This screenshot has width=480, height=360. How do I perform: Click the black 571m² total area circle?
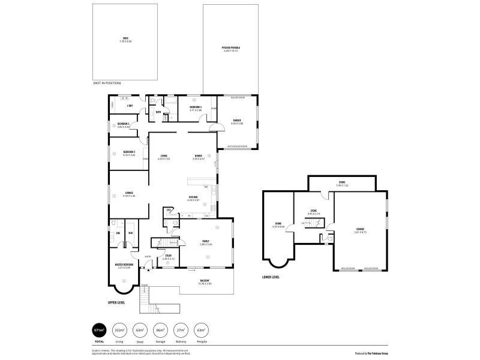(x=99, y=330)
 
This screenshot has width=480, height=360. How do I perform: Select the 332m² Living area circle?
(x=120, y=330)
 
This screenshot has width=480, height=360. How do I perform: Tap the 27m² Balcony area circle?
(x=180, y=330)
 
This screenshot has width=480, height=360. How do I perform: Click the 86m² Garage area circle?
(x=160, y=330)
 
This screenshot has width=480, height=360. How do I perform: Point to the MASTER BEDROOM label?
(x=124, y=265)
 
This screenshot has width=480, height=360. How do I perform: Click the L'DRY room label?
(x=130, y=107)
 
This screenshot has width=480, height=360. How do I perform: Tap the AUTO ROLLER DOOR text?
(x=238, y=146)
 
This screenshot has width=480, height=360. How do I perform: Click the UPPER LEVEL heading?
(x=115, y=303)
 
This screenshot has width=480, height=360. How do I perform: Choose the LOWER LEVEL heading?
(x=271, y=277)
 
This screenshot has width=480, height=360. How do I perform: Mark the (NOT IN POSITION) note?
(x=107, y=83)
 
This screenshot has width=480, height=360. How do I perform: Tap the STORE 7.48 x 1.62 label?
(x=342, y=183)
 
